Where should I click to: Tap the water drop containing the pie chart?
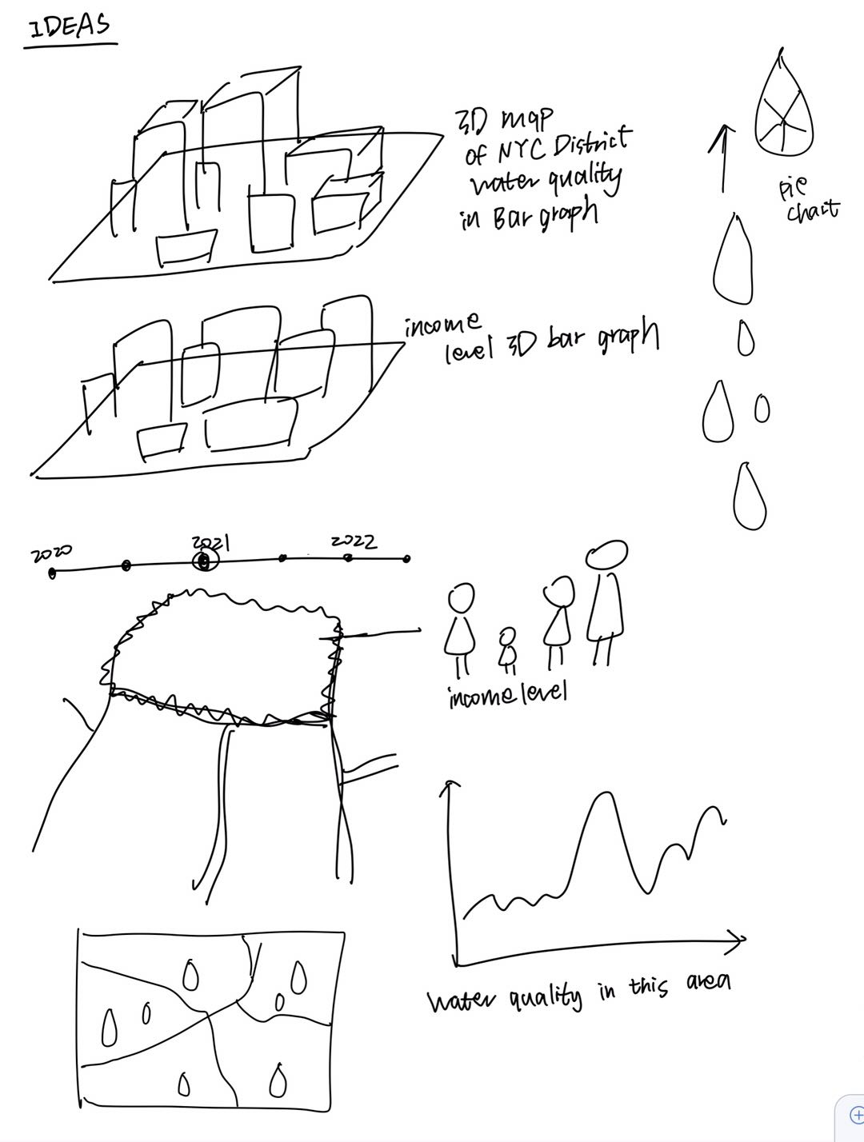(783, 104)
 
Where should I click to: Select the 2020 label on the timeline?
(51, 553)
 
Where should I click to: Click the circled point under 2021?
(206, 561)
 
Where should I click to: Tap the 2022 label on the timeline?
(354, 541)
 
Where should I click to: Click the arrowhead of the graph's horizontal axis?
(739, 939)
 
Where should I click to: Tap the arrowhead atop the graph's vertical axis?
(450, 788)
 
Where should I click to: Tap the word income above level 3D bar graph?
(442, 325)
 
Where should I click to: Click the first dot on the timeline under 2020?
(53, 572)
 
